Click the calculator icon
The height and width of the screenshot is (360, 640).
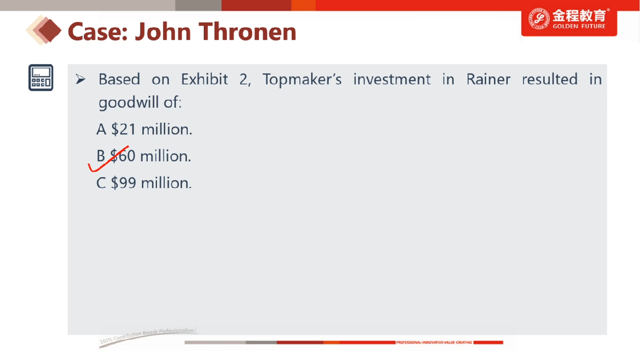coord(41,78)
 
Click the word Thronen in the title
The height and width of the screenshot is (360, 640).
coord(247,31)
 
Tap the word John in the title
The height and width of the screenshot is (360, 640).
coord(163,31)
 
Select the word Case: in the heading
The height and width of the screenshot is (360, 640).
coord(98,31)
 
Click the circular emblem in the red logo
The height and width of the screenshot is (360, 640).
coord(539,19)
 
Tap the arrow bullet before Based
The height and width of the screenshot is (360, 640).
coord(81,79)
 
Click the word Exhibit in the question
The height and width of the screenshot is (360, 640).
coord(204,79)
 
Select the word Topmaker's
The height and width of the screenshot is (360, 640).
coord(302,79)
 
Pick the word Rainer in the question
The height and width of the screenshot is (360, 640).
coord(488,79)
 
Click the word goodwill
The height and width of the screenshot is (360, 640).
coord(129,102)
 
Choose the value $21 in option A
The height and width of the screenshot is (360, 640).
coord(123,129)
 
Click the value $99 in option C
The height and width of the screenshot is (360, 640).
coord(123,183)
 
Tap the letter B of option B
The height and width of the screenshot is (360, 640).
coord(101,156)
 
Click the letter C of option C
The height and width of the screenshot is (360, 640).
coord(101,183)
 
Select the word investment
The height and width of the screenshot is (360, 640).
coord(391,79)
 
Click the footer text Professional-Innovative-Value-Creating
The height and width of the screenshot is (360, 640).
coord(434,342)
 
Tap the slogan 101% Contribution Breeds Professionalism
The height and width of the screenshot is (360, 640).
coord(148,335)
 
